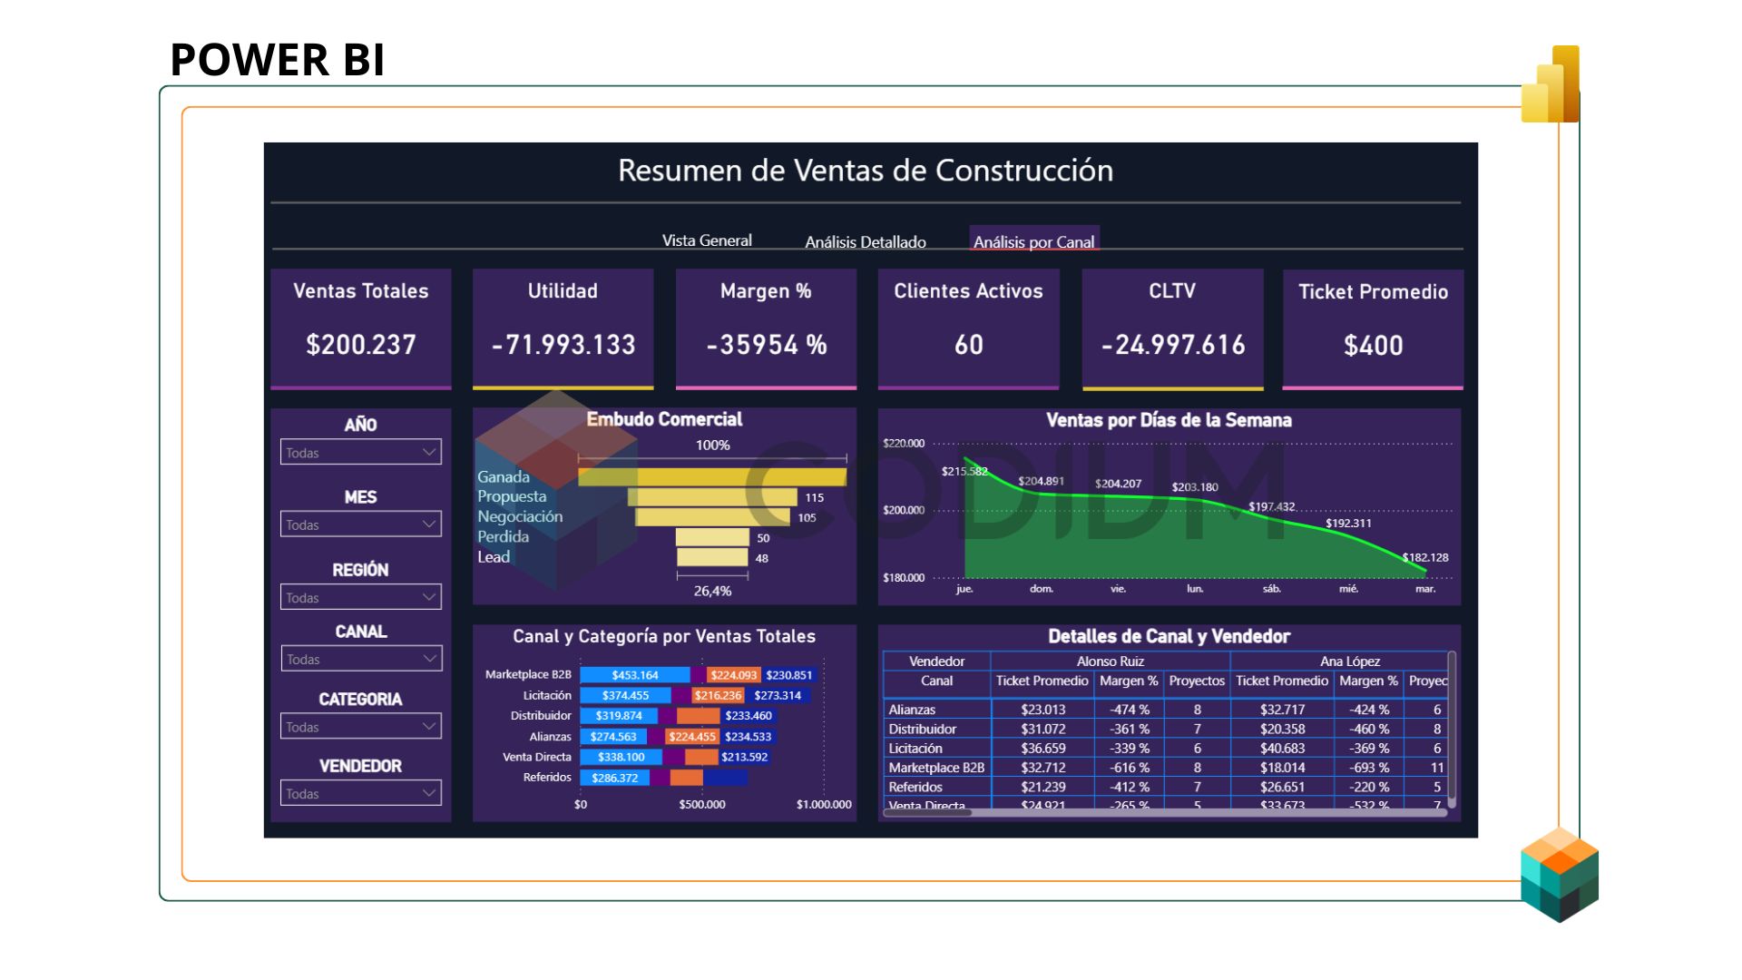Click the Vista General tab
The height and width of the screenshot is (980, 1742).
coord(707,240)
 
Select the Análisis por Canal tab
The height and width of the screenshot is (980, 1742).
coord(1033,242)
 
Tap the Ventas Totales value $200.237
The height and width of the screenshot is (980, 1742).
coord(361,345)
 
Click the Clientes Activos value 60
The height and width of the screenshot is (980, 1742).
coord(968,345)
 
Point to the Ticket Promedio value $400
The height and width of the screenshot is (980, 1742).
coord(1373,346)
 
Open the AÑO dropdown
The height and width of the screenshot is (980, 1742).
coord(361,452)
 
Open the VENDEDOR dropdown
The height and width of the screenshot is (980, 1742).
coord(361,793)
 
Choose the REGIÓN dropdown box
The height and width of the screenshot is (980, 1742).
coord(361,597)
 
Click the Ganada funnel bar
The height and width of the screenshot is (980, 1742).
coord(712,477)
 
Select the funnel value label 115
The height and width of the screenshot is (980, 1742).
coord(814,497)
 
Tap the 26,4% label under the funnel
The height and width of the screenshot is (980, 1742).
coord(712,591)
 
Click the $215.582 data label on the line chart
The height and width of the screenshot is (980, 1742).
coord(964,471)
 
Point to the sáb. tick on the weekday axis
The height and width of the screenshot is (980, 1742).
coord(1272,589)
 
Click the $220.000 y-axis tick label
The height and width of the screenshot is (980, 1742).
coord(904,444)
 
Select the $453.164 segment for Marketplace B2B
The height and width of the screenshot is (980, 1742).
coord(634,675)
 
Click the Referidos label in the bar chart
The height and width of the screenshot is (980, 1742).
coord(547,777)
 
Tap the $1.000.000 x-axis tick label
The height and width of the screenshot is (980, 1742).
coord(824,804)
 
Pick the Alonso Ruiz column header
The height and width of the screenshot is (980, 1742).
coord(1110,661)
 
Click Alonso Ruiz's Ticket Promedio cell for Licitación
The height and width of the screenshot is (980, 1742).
coord(1042,749)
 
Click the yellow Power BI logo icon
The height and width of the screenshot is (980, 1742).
coord(1551,86)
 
